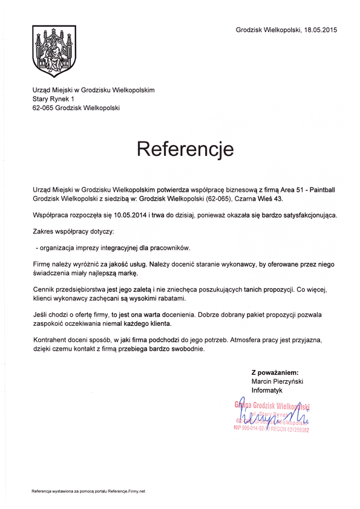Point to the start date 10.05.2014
coord(133,215)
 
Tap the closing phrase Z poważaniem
coord(275,373)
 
